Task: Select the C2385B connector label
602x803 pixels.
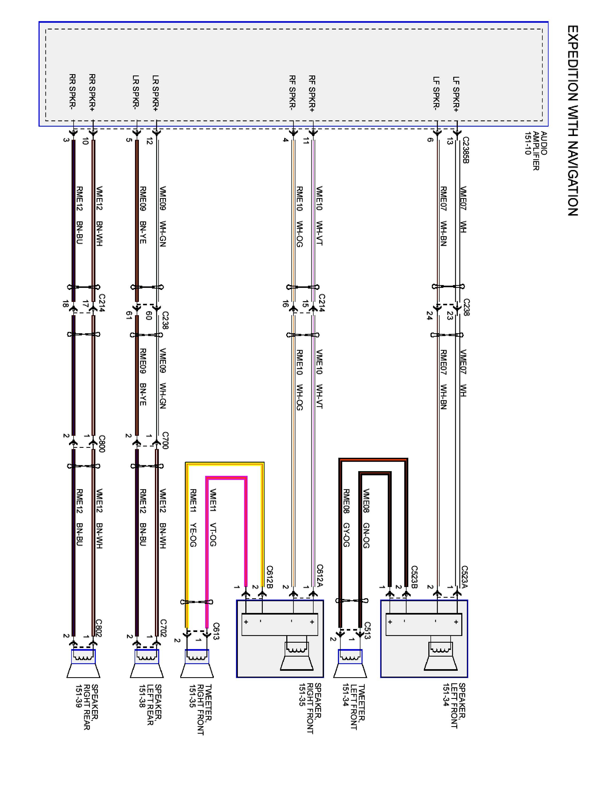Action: (466, 150)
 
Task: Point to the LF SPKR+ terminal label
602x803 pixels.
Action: (456, 94)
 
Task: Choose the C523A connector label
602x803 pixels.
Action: (464, 577)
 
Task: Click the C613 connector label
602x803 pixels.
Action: (216, 631)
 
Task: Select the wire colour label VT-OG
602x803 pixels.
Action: (213, 534)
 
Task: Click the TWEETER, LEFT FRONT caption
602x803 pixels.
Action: (353, 712)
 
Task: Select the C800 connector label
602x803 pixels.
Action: (102, 443)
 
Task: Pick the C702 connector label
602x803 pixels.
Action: (163, 628)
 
